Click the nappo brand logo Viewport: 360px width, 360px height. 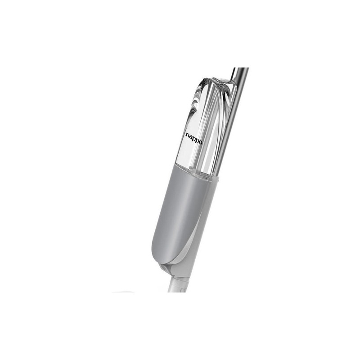(194, 139)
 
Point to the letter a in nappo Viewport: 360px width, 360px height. (190, 137)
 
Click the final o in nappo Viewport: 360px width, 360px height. (201, 142)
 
